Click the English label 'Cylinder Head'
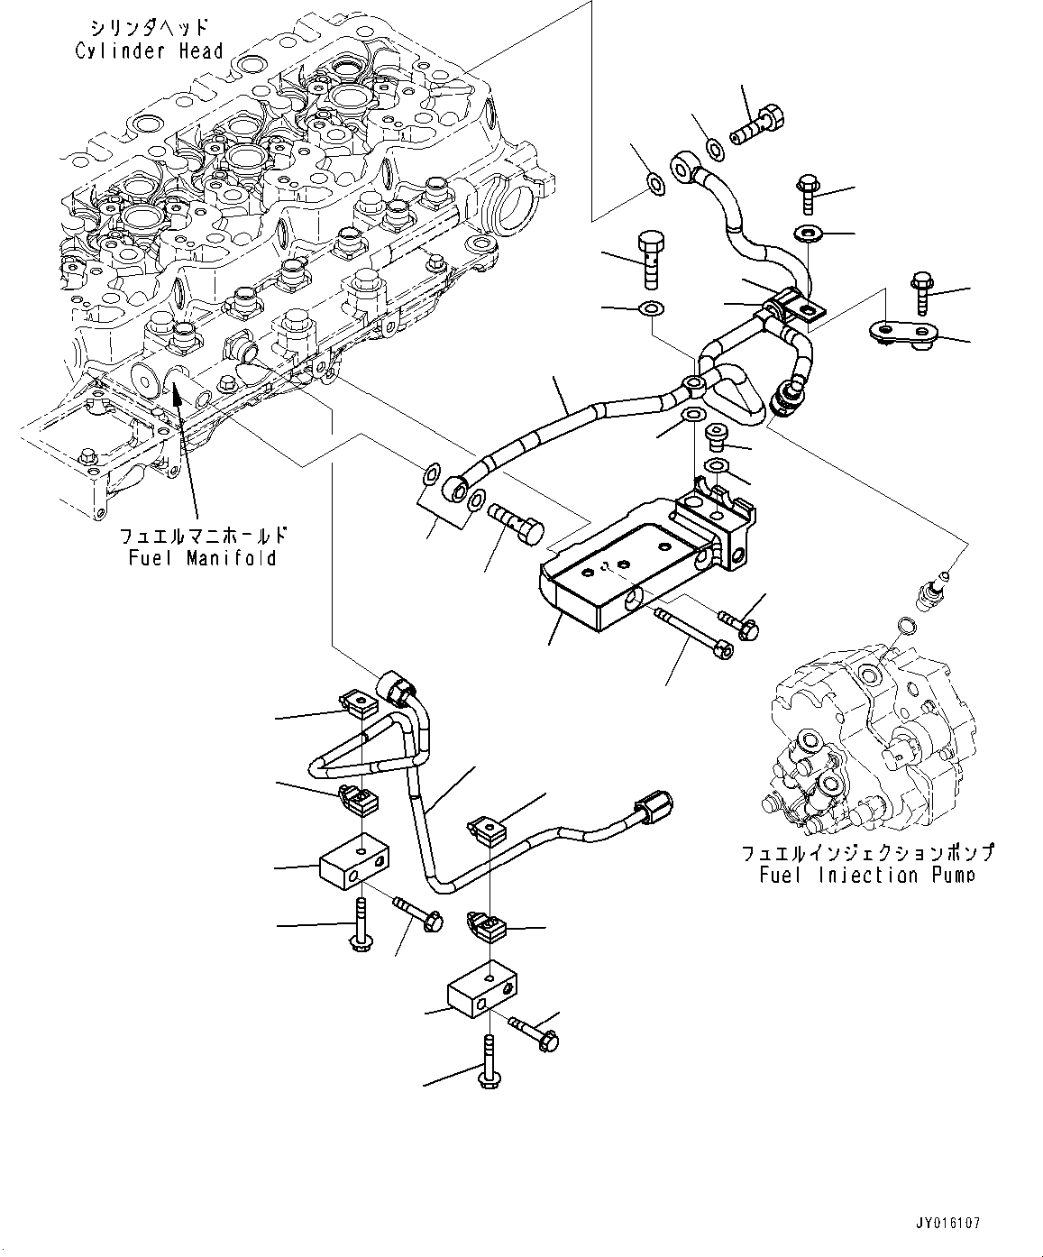(x=149, y=51)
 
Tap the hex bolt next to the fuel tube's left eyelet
(x=515, y=524)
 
